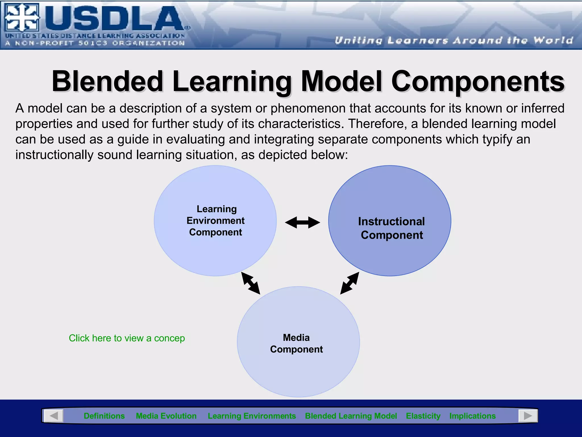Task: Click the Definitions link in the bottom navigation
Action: pos(104,416)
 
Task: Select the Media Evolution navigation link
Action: pos(166,416)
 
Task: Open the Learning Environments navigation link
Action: pos(252,416)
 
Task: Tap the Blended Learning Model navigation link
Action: pos(351,416)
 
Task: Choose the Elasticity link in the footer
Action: pos(423,416)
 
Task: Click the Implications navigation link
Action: pos(472,416)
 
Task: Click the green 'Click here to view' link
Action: pos(127,338)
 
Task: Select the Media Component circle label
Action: pos(296,343)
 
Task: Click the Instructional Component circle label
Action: pos(391,228)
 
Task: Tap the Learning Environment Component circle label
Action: pos(216,220)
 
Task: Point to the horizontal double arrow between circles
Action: pos(302,222)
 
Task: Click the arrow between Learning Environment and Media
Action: pos(251,283)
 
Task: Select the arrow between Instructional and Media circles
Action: pos(350,283)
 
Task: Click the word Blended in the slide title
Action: pos(107,81)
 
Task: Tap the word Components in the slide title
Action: pos(478,81)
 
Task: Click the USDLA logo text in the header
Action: pos(114,19)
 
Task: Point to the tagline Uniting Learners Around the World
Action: pos(454,40)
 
